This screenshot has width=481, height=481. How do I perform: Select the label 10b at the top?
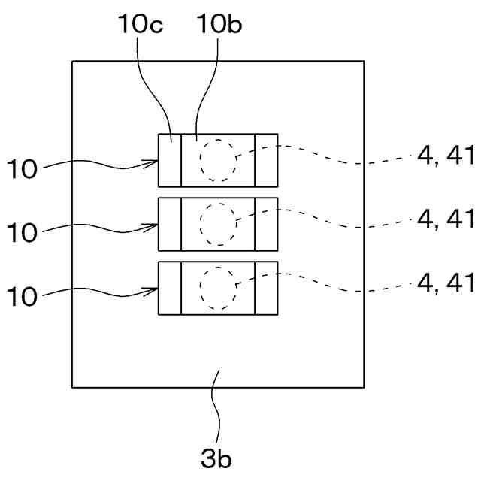pos(219,24)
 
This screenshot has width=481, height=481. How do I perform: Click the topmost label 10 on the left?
pos(23,170)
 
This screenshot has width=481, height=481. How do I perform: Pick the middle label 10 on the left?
pos(23,233)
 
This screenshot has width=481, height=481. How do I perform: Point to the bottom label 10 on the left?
pos(23,297)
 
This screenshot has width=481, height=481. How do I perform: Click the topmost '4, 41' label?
pos(446,156)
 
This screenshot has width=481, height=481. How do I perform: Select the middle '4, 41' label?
pos(446,219)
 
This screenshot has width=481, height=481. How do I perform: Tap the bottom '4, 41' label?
pos(446,283)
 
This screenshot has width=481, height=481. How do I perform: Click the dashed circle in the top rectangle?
pos(218,160)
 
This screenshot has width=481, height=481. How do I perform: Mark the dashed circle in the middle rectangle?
pos(218,224)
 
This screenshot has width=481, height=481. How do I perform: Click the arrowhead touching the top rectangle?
pos(153,162)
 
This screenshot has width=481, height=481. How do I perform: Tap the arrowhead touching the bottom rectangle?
pos(153,290)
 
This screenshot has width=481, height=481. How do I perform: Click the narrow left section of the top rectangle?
pos(170,160)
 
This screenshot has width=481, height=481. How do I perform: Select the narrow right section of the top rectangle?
pos(266,160)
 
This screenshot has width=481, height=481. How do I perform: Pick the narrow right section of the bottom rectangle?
pos(266,288)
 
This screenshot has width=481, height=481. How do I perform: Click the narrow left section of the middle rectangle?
pos(170,224)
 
